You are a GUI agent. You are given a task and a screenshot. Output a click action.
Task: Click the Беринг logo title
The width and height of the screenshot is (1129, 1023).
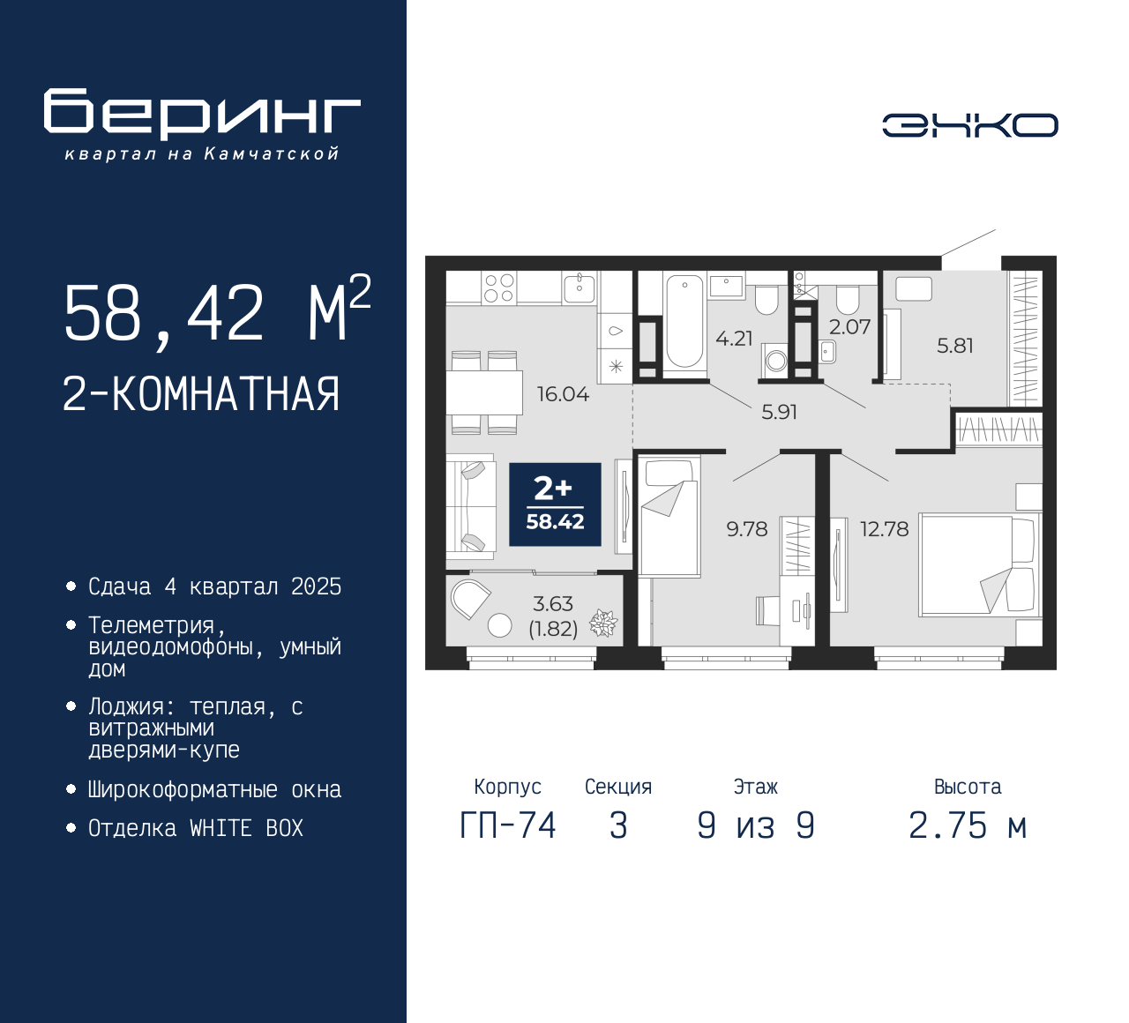[x=202, y=114]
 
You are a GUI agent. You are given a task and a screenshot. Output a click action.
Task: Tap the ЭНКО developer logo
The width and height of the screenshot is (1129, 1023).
[x=969, y=125]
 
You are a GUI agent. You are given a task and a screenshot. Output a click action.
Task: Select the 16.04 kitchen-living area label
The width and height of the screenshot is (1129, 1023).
[x=563, y=394]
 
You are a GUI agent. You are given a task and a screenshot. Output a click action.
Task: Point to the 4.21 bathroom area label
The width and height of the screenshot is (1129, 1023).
[x=734, y=338]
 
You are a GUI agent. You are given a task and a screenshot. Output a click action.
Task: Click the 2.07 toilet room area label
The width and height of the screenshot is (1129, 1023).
[x=850, y=327]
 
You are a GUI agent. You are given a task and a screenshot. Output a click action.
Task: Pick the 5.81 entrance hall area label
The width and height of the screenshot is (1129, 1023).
[x=955, y=346]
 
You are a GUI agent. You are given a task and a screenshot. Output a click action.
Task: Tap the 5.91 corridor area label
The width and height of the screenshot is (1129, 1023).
[x=779, y=412]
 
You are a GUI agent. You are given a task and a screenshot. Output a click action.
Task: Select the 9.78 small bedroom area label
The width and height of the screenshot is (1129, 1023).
[x=747, y=529]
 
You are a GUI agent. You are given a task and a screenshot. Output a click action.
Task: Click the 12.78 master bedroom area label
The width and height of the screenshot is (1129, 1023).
[x=884, y=529]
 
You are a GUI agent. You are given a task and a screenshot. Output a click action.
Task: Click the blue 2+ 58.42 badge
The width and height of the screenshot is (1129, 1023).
[x=555, y=504]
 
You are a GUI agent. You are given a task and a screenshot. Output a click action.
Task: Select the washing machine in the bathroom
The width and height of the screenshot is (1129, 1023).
[x=775, y=360]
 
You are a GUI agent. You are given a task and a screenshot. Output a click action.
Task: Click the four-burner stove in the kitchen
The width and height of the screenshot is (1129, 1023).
[x=498, y=287]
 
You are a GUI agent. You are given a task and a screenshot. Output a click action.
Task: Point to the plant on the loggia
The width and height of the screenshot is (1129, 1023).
[x=603, y=624]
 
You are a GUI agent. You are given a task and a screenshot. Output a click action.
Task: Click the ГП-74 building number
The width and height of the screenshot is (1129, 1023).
[x=508, y=826]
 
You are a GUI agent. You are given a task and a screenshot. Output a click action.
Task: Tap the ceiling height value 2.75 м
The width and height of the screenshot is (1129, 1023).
[x=968, y=826]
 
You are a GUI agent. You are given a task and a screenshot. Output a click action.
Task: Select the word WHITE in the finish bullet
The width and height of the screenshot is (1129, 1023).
[x=220, y=828]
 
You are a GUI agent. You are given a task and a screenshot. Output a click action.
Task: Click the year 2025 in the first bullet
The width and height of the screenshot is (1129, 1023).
[x=317, y=587]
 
